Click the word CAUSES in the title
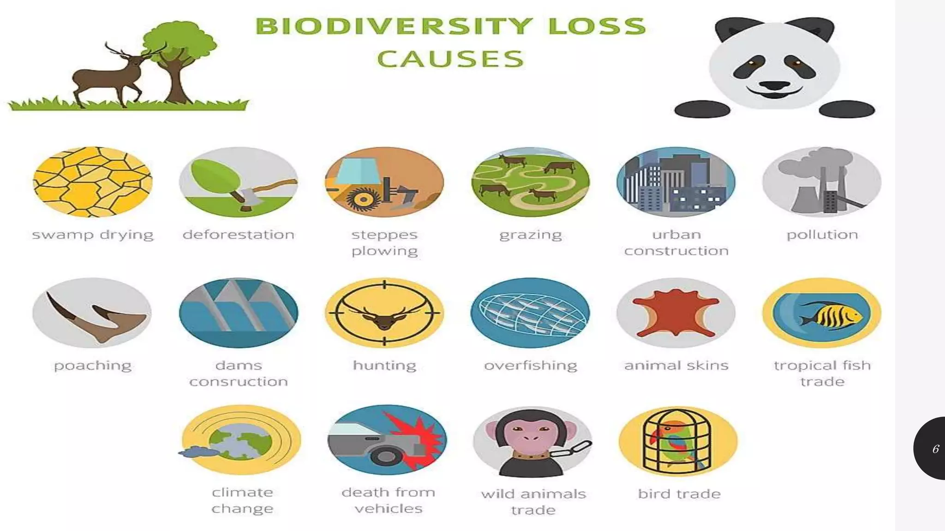pos(451,59)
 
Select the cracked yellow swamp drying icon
pos(92,182)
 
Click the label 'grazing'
pos(531,235)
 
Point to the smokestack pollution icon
pos(822,182)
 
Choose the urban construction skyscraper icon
pos(676,182)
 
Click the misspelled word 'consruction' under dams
pos(239,382)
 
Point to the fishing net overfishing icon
pos(531,313)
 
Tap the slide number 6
pos(936,449)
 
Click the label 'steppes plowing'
pos(384,242)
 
